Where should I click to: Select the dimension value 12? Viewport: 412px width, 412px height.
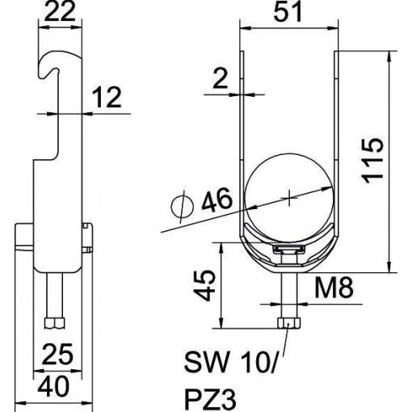pyautogui.click(x=107, y=97)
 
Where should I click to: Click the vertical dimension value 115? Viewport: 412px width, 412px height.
pyautogui.click(x=373, y=161)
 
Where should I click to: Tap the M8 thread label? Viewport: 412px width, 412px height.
pyautogui.click(x=334, y=288)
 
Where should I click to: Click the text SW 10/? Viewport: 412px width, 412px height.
pyautogui.click(x=230, y=362)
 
